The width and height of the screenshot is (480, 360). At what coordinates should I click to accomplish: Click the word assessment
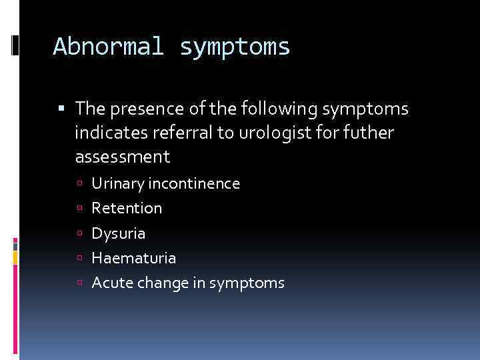[x=123, y=157]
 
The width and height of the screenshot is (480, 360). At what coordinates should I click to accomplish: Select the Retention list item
[x=127, y=208]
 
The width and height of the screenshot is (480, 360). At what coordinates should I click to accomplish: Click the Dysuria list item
[x=119, y=233]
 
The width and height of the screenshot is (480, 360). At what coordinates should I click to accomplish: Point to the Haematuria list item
[x=134, y=258]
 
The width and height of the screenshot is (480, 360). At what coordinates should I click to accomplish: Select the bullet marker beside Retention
[x=79, y=209]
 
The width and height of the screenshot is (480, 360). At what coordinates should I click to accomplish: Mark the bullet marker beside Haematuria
[x=79, y=259]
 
